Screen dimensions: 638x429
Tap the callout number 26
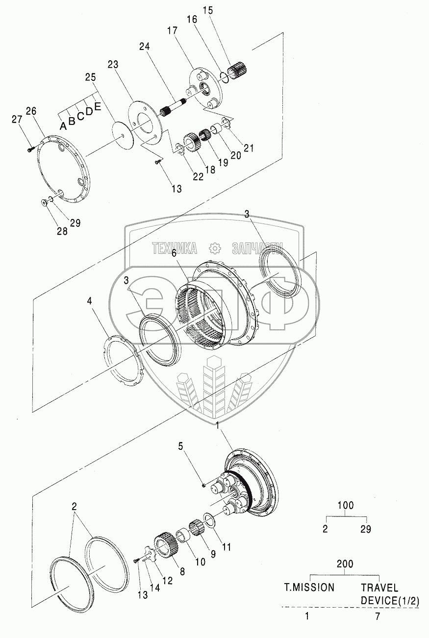(x=31, y=111)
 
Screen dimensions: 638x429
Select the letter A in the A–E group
(x=63, y=126)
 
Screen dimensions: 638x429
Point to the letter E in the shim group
(x=98, y=107)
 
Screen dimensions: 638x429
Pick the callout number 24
(x=144, y=47)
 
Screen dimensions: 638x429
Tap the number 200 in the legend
(x=346, y=564)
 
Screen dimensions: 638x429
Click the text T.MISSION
(x=310, y=587)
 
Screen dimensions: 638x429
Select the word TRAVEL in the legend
(x=379, y=587)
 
